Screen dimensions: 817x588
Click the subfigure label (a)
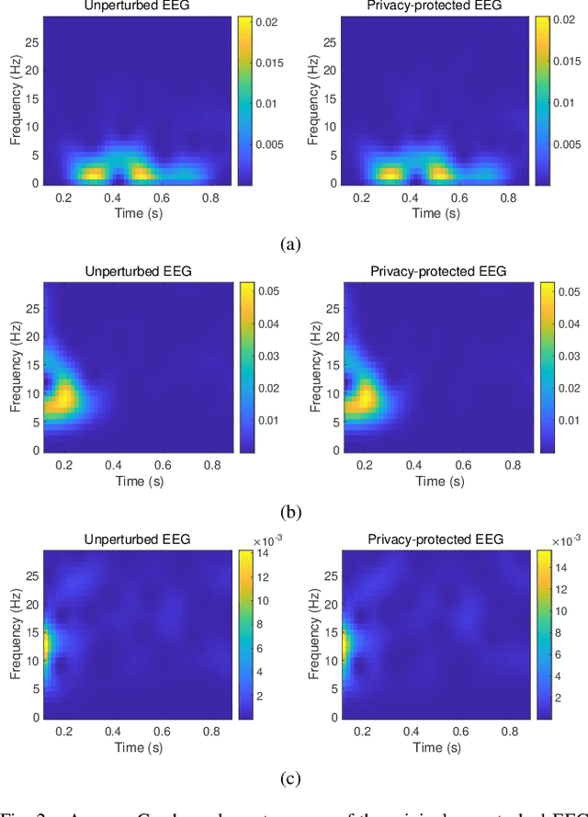pos(290,244)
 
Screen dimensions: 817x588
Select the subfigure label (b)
pos(290,512)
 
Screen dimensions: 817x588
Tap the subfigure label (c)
pos(290,778)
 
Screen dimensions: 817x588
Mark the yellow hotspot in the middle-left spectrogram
pos(62,398)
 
